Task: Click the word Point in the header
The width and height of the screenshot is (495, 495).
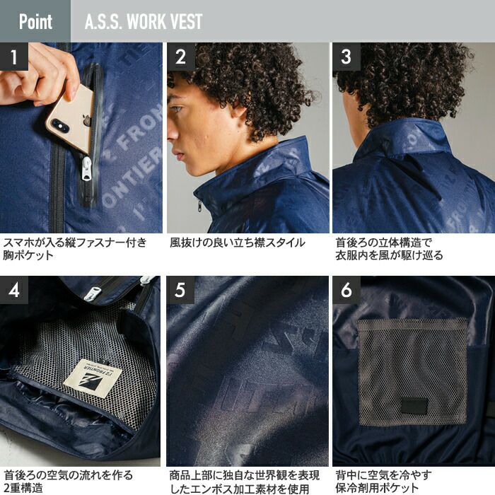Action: pyautogui.click(x=35, y=21)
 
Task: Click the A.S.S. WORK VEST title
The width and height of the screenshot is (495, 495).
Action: pyautogui.click(x=144, y=21)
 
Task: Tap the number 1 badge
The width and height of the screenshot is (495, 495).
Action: pyautogui.click(x=14, y=57)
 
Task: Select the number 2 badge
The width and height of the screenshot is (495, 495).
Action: pyautogui.click(x=181, y=57)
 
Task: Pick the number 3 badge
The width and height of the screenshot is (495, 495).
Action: pyautogui.click(x=346, y=57)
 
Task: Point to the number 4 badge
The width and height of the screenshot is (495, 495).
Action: pyautogui.click(x=14, y=290)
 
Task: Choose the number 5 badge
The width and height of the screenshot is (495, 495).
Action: pyautogui.click(x=180, y=290)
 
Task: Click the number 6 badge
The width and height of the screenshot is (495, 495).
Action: pyautogui.click(x=346, y=290)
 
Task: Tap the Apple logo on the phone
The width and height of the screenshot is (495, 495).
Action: pyautogui.click(x=86, y=120)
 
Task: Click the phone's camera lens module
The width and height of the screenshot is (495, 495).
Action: pyautogui.click(x=60, y=126)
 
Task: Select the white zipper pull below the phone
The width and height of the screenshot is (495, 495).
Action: pyautogui.click(x=86, y=168)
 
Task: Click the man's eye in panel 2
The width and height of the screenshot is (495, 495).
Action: pyautogui.click(x=177, y=109)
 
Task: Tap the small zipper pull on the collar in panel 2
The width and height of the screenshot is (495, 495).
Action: pyautogui.click(x=199, y=206)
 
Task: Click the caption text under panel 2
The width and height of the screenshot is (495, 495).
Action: pyautogui.click(x=238, y=243)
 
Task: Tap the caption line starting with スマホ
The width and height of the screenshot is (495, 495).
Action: pyautogui.click(x=75, y=243)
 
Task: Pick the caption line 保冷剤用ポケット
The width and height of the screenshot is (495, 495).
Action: pyautogui.click(x=377, y=488)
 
